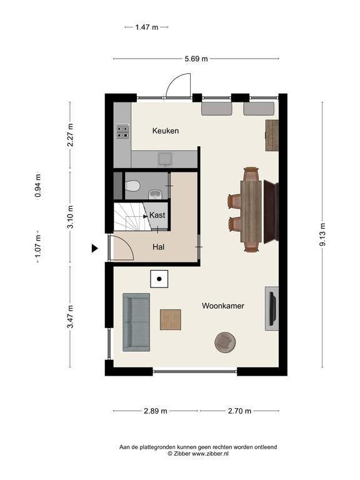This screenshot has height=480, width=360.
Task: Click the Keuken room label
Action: tap(166, 131)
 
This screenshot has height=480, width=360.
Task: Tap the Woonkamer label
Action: tap(223, 306)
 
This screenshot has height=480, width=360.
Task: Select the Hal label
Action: tap(159, 247)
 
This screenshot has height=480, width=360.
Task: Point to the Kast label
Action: tap(157, 215)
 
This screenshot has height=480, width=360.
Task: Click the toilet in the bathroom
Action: tap(132, 186)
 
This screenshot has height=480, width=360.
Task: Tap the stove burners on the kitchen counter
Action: tap(122, 132)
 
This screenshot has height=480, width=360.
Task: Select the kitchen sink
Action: tap(165, 159)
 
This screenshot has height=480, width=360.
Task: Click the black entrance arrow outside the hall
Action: tap(95, 248)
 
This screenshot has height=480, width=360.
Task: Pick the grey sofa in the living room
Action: tap(136, 322)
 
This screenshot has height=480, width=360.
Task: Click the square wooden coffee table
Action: tap(171, 319)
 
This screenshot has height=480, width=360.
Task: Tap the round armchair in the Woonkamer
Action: tap(225, 342)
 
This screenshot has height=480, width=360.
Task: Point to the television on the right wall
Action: tap(272, 309)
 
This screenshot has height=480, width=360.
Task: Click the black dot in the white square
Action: tap(159, 279)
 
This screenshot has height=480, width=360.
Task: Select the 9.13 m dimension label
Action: tap(322, 234)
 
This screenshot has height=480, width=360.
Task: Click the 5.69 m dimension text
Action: tap(196, 59)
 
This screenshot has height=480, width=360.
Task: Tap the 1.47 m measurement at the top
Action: tap(147, 27)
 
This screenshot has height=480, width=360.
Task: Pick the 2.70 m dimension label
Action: tap(239, 411)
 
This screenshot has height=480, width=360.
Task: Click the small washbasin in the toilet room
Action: tap(155, 194)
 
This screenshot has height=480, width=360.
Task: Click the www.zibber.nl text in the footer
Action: tap(210, 454)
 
